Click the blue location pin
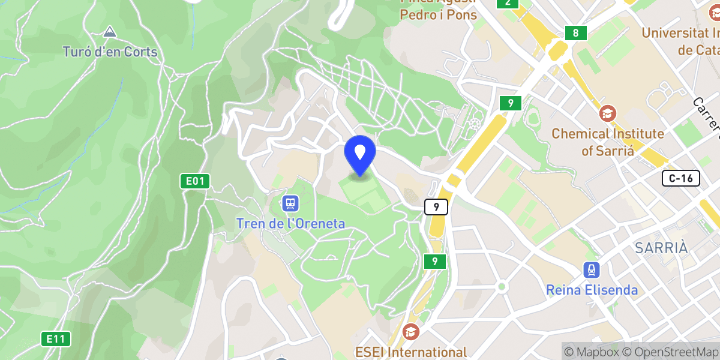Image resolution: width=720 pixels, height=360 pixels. (360, 154)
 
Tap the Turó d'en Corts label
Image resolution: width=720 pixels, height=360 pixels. (110, 52)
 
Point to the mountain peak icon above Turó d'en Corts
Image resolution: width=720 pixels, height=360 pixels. (109, 31)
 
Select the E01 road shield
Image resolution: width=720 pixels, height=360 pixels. (195, 181)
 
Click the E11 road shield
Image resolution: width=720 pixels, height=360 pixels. (56, 339)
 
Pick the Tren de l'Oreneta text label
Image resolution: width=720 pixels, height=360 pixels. (291, 224)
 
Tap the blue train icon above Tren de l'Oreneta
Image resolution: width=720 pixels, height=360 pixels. (290, 203)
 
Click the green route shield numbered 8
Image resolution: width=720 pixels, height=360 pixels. (575, 33)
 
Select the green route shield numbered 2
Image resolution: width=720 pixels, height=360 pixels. (508, 2)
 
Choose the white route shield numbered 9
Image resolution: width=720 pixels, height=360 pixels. (436, 207)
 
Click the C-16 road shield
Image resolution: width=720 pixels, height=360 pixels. (681, 178)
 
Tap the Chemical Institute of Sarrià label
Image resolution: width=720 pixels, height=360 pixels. (608, 142)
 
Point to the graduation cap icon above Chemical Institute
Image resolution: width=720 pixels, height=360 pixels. (608, 112)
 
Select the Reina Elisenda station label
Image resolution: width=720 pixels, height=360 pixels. (592, 290)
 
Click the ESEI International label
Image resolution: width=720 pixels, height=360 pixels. (427, 352)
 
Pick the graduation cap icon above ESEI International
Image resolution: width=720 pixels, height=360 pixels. (411, 331)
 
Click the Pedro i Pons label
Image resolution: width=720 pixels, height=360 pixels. (439, 14)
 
